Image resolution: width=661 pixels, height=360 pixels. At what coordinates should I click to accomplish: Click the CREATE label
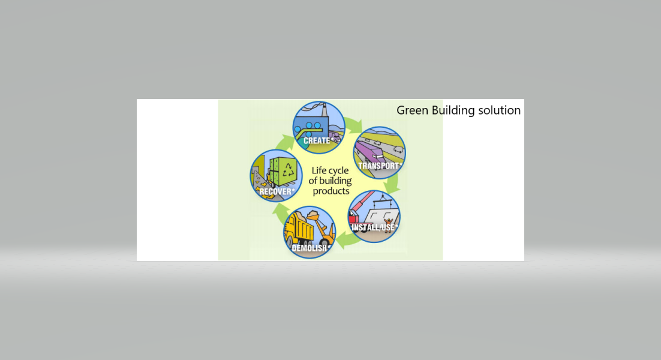[317, 140]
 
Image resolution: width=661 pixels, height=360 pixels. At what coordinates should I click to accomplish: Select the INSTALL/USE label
[374, 227]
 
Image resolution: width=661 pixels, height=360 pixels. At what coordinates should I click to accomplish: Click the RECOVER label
[277, 191]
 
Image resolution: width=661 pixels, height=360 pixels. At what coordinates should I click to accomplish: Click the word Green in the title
[412, 110]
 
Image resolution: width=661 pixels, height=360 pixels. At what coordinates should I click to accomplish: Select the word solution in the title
[499, 110]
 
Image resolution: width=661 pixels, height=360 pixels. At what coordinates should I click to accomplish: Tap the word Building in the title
[453, 111]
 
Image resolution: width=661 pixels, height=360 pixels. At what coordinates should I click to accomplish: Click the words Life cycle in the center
[330, 171]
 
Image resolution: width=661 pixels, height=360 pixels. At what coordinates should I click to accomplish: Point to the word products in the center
[331, 191]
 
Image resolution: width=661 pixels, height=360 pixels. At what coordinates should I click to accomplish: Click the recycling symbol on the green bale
[289, 170]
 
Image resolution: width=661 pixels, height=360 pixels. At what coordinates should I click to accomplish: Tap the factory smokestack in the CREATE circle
[325, 110]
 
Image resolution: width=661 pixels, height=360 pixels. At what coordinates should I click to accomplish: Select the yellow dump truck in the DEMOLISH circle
[299, 230]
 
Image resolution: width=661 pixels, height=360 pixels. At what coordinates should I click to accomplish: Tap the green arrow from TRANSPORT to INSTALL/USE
[393, 182]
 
